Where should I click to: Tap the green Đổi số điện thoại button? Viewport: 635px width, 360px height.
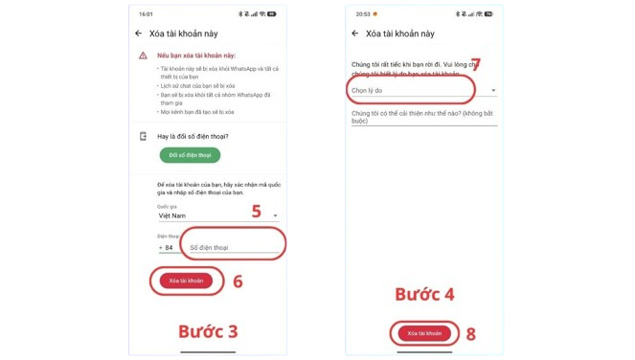pos(190,155)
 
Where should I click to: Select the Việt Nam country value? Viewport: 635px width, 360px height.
pos(173,215)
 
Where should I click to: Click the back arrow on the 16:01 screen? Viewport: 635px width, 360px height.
pos(140,33)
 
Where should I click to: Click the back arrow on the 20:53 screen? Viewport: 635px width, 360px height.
pos(354,33)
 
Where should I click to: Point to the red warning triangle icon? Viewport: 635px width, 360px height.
pos(143,56)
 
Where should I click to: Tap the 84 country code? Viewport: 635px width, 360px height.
pos(169,247)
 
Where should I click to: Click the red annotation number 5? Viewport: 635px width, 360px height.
pos(257,212)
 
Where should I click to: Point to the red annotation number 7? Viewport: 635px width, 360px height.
pos(475,64)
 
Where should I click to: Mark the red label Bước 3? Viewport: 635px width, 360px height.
pos(209,331)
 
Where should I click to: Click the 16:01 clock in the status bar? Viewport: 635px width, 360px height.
pos(146,14)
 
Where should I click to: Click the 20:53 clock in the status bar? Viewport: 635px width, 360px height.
pos(359,14)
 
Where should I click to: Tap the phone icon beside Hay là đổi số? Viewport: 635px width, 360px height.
pos(143,136)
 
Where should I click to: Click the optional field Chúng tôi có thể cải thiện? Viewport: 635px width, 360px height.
pos(421,117)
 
